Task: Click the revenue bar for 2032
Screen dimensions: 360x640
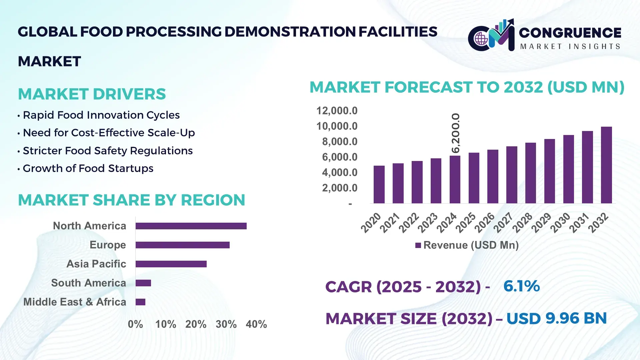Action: (x=606, y=165)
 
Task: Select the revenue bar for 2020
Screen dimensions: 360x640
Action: (x=379, y=184)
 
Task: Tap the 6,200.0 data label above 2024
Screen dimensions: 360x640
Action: (x=455, y=133)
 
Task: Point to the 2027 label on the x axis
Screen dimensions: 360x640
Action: (x=503, y=223)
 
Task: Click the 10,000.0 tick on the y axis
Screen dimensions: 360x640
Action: (x=337, y=126)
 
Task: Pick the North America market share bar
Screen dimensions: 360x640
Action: (x=191, y=226)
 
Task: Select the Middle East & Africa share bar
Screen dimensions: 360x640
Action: (x=140, y=302)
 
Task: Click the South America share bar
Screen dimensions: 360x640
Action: (x=143, y=283)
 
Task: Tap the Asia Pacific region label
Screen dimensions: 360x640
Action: (x=96, y=264)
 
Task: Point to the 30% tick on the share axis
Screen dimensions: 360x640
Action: (x=226, y=324)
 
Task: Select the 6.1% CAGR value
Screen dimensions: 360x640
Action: (x=521, y=286)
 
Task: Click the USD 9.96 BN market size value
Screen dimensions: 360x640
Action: (x=556, y=318)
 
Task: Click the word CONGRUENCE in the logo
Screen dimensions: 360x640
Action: (x=570, y=33)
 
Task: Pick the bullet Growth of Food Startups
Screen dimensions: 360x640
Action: (x=88, y=168)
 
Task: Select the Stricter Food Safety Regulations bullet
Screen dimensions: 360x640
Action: (x=108, y=151)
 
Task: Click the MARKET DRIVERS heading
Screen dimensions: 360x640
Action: (x=92, y=94)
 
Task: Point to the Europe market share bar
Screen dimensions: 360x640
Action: (x=183, y=245)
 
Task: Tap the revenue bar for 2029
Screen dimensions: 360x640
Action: (x=549, y=171)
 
